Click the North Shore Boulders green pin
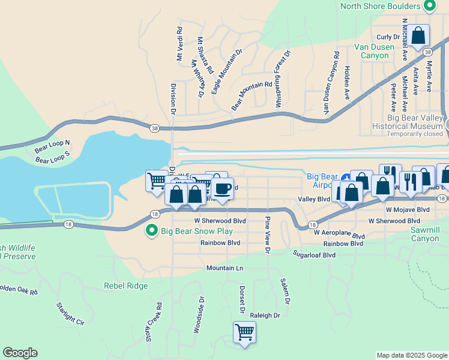coord(429,7)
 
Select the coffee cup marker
coord(222,188)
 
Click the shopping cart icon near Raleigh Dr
coord(244,331)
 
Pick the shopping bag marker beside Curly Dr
coord(419,35)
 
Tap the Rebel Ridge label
coord(125,286)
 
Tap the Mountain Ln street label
coord(225,268)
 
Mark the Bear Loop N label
coord(52,146)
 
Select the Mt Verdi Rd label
coord(179,44)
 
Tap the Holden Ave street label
coord(347,83)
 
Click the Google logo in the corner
coord(20,353)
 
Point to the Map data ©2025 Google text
coord(412,355)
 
